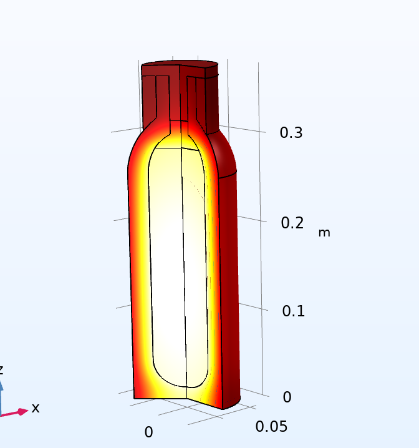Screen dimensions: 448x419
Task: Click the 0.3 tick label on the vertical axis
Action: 291,133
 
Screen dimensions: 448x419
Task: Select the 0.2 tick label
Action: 292,223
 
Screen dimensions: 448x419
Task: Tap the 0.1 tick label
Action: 293,311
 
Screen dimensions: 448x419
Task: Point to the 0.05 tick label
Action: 271,426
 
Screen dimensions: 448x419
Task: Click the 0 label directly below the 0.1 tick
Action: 287,397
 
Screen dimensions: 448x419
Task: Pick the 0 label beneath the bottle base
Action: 148,432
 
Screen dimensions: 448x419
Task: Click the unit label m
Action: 324,233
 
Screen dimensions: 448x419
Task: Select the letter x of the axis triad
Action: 36,408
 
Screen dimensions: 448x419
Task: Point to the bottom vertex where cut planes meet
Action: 187,400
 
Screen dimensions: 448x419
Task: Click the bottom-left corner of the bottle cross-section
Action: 135,397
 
